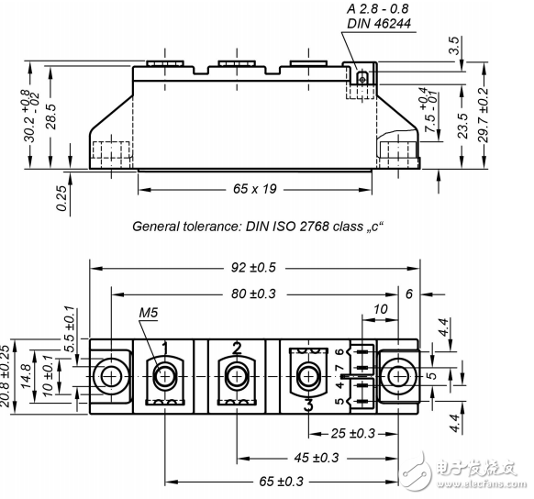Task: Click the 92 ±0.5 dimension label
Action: point(254,267)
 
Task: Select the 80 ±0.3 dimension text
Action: point(254,294)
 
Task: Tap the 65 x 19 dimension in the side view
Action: point(256,190)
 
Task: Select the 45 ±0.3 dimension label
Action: point(316,457)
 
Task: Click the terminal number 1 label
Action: point(165,347)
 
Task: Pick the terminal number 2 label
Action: point(237,347)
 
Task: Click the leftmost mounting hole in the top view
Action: point(112,376)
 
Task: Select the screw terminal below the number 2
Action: point(237,376)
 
